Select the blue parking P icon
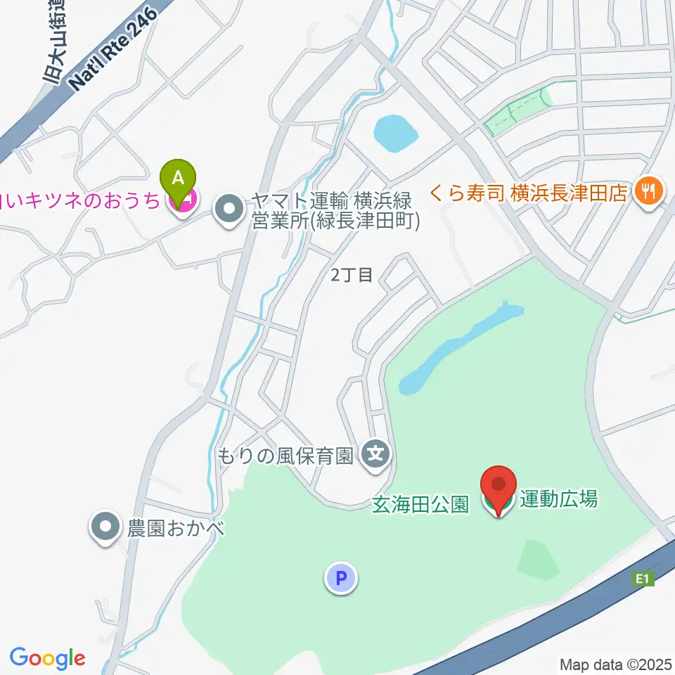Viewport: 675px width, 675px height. pyautogui.click(x=341, y=579)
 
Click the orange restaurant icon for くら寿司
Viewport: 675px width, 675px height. pyautogui.click(x=645, y=191)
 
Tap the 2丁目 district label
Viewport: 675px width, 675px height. pyautogui.click(x=352, y=275)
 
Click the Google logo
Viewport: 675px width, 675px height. pyautogui.click(x=47, y=658)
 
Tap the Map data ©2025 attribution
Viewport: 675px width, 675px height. pyautogui.click(x=615, y=664)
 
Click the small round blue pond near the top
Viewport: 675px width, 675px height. pyautogui.click(x=396, y=133)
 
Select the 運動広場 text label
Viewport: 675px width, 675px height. pyautogui.click(x=559, y=500)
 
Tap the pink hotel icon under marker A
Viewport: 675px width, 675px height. pyautogui.click(x=182, y=203)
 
